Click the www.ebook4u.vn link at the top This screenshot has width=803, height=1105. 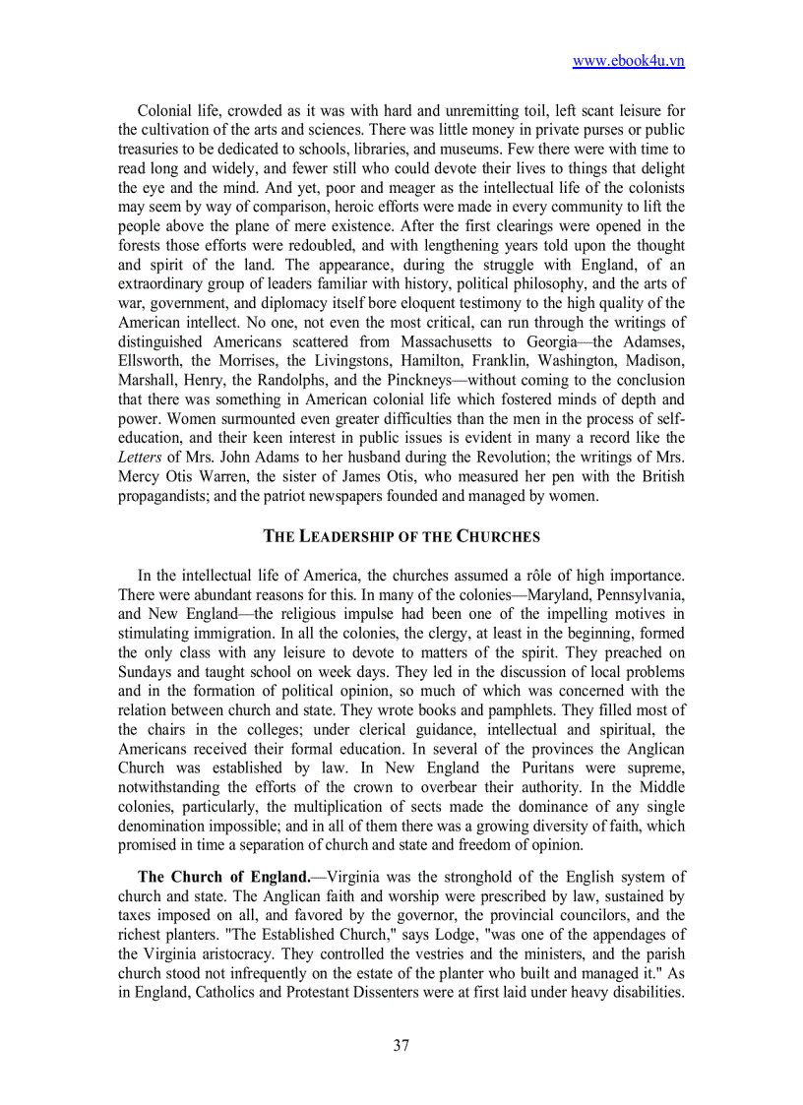point(628,61)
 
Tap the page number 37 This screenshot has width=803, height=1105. point(401,1045)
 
